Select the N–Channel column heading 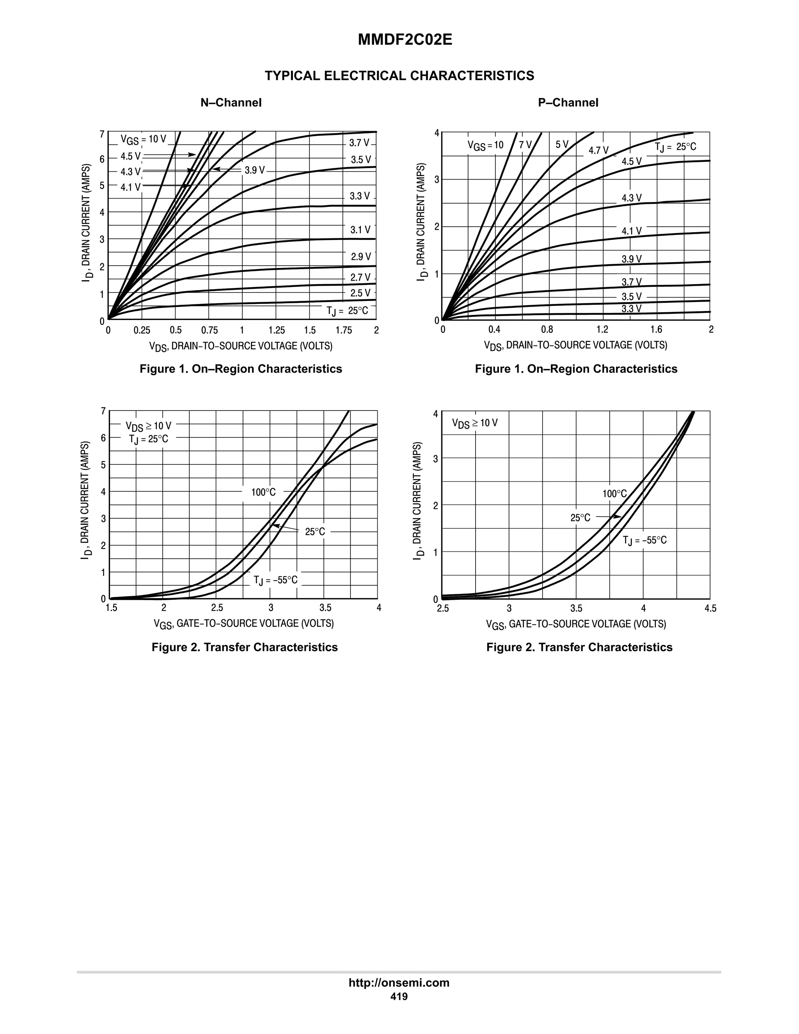tap(231, 103)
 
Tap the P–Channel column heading tap(568, 103)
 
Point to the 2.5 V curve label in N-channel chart tap(360, 293)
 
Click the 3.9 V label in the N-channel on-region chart tap(255, 171)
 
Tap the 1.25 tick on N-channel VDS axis tap(277, 330)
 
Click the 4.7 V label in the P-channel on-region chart tap(598, 151)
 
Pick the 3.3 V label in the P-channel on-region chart tap(632, 309)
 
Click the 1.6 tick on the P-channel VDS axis tap(656, 330)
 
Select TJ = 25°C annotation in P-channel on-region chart tap(675, 147)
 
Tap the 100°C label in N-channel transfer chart tap(263, 492)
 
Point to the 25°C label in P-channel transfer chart tap(580, 518)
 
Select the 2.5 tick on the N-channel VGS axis tap(217, 608)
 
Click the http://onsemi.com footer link tap(399, 983)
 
